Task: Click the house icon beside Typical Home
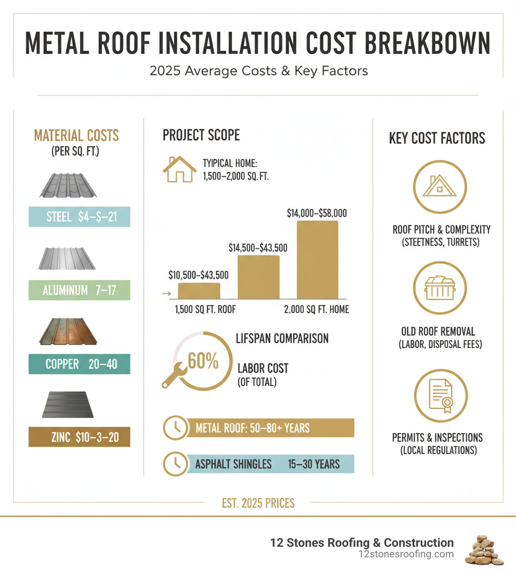pyautogui.click(x=179, y=169)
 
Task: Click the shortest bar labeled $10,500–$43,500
pyautogui.click(x=199, y=291)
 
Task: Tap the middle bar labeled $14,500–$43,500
pyautogui.click(x=258, y=277)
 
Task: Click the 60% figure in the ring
pyautogui.click(x=203, y=360)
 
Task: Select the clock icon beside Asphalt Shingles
pyautogui.click(x=176, y=464)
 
